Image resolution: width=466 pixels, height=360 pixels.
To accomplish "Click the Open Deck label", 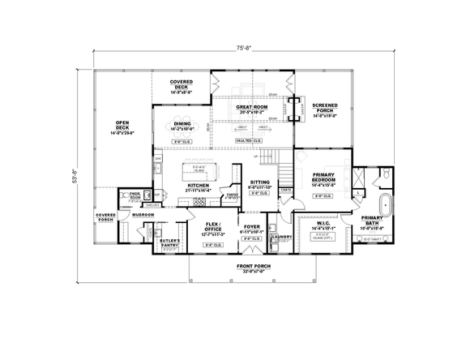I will tap(123, 127).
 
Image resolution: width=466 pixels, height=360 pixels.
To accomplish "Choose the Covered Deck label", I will tap(181, 87).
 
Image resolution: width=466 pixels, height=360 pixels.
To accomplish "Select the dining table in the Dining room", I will tap(181, 125).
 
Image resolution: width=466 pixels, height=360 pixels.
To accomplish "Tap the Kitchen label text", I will tap(199, 186).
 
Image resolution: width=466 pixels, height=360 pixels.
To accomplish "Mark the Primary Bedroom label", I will tap(323, 180).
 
